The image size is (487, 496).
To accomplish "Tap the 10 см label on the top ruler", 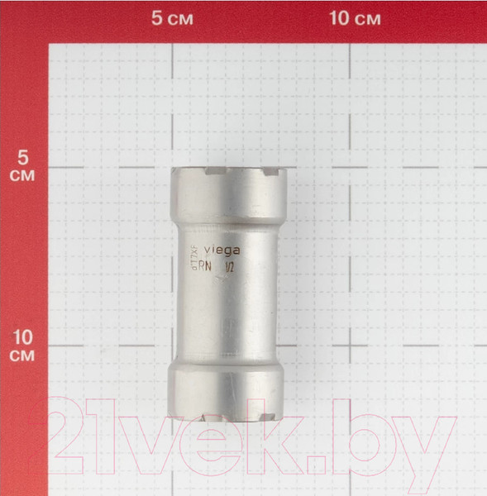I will [x=354, y=18].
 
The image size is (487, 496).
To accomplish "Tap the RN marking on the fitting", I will [x=213, y=268].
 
